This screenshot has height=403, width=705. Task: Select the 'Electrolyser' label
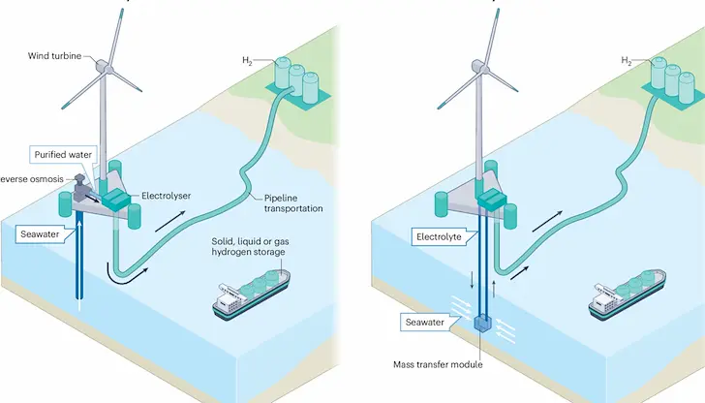pos(167,196)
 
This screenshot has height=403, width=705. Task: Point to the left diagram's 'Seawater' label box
pos(44,233)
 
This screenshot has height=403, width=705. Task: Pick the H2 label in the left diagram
pos(249,61)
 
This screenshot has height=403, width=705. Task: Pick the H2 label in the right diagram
pos(628,61)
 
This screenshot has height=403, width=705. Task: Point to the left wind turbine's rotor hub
pos(103,67)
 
